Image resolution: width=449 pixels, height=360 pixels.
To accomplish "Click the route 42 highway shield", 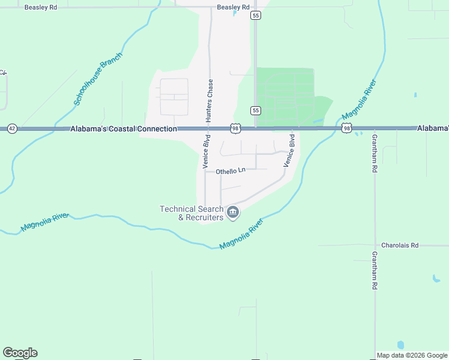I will coord(11,128).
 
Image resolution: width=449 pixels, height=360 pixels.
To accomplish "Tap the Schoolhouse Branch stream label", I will coord(98,79).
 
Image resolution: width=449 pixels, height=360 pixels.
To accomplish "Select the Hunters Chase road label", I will coord(210,101).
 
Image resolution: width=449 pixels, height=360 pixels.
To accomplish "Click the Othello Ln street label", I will coord(231,170).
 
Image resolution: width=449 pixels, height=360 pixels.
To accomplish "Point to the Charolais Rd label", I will coord(400,245).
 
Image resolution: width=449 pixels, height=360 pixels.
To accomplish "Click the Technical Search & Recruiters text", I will coord(191,213).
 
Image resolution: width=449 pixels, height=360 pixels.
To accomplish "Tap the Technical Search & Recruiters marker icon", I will coord(233,212).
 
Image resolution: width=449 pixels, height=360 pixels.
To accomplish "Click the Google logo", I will coord(20,353).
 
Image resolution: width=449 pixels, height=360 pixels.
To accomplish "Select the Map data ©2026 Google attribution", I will coord(412,355).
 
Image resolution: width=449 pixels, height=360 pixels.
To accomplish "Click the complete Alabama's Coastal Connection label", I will coord(124,129).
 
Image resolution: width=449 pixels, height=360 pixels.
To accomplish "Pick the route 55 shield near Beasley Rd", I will coord(256,16).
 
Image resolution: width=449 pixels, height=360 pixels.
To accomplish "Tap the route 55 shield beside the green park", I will coord(256,110).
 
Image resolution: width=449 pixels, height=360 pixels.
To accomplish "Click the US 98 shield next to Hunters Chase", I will coord(235,128).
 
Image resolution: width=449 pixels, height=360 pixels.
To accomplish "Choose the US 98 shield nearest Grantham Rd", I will coord(347,128).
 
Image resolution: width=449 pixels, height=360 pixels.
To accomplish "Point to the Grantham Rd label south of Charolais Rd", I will coord(374,271).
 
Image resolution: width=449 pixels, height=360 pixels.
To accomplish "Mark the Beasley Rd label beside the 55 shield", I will coord(233,7).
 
